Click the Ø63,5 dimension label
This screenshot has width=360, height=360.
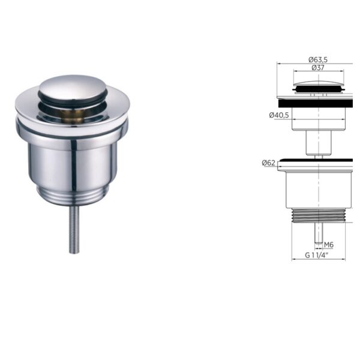click(x=318, y=59)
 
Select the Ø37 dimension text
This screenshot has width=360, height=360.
click(x=318, y=68)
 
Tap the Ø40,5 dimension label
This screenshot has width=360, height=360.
click(x=279, y=115)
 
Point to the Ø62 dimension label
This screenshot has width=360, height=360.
click(x=268, y=163)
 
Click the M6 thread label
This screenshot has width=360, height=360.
click(x=329, y=245)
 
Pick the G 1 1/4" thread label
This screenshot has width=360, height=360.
click(x=317, y=255)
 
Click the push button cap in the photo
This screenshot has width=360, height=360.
click(x=73, y=88)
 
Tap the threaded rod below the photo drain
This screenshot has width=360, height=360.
click(x=74, y=230)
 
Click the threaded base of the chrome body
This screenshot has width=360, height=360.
click(x=73, y=196)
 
